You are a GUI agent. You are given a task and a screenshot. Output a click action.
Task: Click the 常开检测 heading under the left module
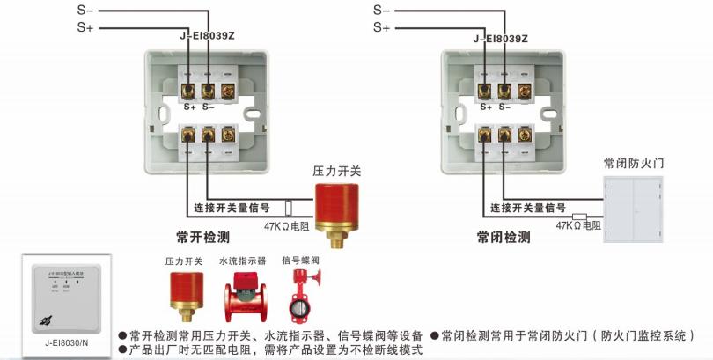tap(202, 237)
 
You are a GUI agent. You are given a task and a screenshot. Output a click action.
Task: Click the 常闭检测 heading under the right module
tap(504, 237)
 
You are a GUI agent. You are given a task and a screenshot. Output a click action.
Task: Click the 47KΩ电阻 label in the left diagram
tap(286, 226)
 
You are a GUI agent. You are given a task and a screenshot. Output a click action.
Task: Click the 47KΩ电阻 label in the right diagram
tap(577, 226)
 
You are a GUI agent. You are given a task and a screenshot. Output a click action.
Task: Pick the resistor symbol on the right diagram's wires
tap(580, 216)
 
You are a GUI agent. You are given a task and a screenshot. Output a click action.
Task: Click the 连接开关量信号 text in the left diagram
tap(232, 209)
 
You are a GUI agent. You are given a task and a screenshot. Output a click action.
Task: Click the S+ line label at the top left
tap(85, 27)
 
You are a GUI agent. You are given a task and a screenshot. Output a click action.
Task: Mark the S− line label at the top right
tap(381, 10)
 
